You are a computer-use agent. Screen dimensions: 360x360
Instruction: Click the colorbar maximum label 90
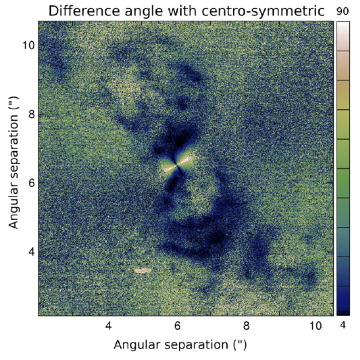(343, 12)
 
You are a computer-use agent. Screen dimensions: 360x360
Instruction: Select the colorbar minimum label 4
(343, 325)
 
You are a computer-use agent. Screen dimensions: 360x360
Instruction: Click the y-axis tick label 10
(29, 45)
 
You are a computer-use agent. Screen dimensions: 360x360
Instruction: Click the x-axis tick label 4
(108, 325)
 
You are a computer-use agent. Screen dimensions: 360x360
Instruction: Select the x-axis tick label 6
(177, 325)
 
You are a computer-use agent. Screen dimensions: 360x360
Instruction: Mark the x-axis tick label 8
(246, 325)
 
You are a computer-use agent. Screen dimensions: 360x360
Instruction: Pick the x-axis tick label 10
(315, 325)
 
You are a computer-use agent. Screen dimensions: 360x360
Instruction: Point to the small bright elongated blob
(143, 270)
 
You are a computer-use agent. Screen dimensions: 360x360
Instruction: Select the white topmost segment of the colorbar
(343, 36)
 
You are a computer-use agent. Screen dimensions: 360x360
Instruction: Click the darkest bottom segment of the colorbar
(343, 301)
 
